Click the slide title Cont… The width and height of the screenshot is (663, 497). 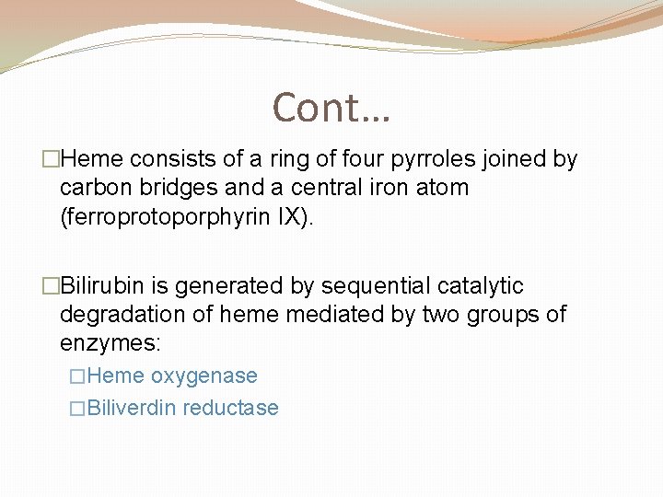coord(331,108)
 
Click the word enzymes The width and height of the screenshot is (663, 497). coord(108,343)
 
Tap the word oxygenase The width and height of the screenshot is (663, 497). coord(204,376)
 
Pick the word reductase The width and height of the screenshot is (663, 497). coord(230,408)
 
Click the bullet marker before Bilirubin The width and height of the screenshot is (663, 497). coord(52,286)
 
